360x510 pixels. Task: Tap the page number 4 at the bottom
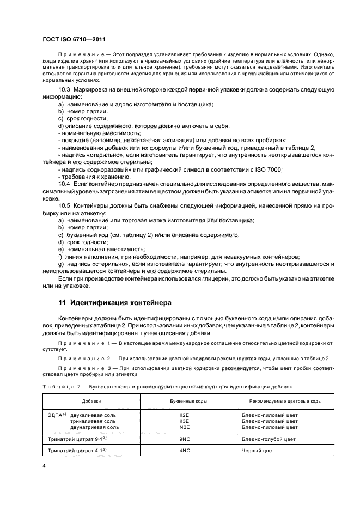click(x=44, y=466)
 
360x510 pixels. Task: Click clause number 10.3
click(x=64, y=89)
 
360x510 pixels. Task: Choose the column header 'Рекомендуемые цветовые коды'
click(x=285, y=401)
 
